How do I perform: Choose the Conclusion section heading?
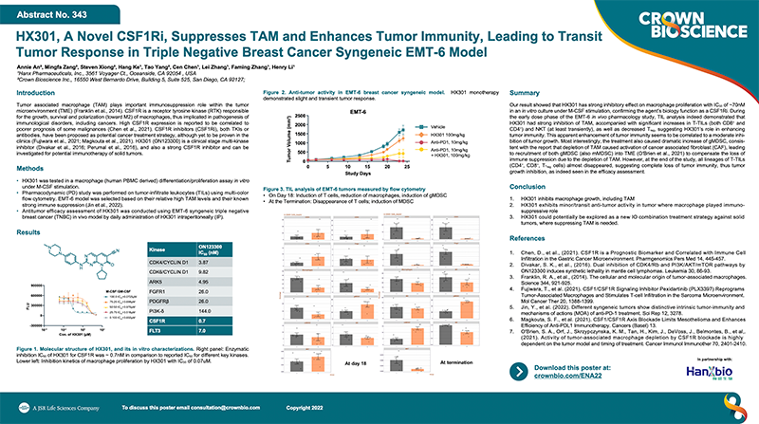(x=532, y=187)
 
